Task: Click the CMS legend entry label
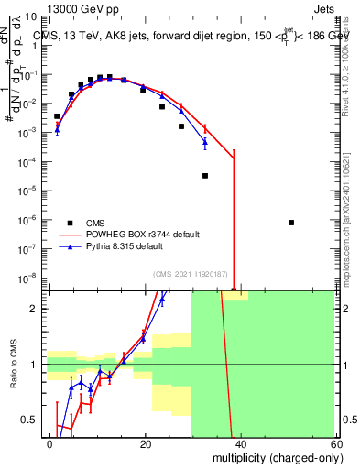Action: pos(96,223)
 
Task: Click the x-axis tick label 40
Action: pos(239,443)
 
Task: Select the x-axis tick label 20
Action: pos(145,443)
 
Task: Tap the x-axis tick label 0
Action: pos(50,443)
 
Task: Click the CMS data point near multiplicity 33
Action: pos(205,175)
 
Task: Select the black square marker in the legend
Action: pos(70,223)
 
